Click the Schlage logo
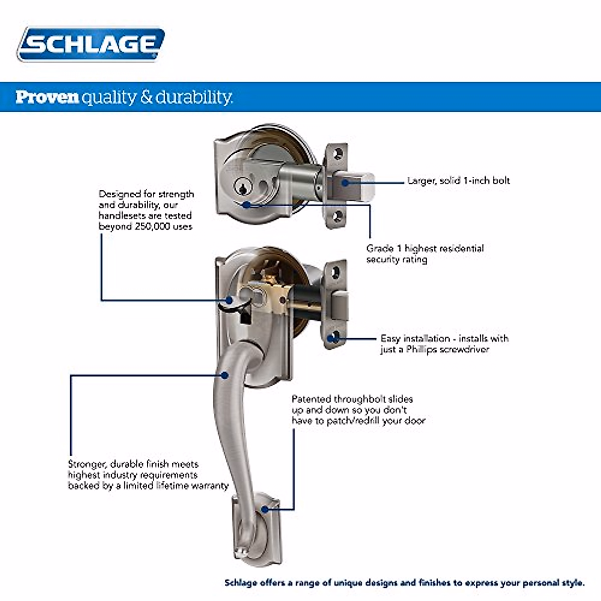(x=91, y=45)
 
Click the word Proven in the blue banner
(x=47, y=97)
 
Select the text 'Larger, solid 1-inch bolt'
(x=458, y=181)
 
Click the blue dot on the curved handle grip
(x=225, y=375)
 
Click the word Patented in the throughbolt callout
(x=312, y=399)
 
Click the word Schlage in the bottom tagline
(x=240, y=583)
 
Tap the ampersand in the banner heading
(x=146, y=97)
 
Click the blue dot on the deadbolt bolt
(x=345, y=183)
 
